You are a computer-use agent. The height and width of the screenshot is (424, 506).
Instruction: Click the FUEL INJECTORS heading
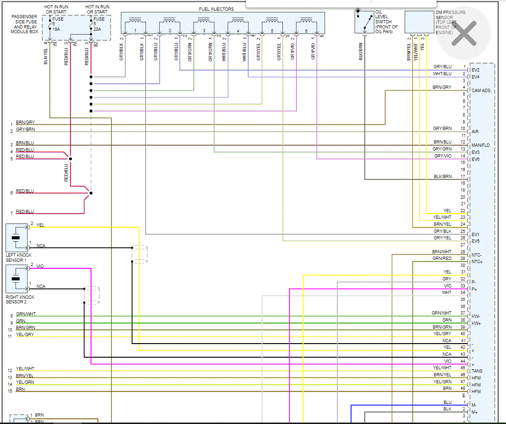[217, 9]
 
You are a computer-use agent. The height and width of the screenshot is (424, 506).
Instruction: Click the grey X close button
[464, 33]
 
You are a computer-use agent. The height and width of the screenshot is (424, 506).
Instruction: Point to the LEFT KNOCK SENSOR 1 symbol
[17, 238]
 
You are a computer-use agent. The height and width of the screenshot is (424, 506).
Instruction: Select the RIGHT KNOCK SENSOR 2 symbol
[17, 279]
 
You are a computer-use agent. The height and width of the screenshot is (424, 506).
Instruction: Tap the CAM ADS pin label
[481, 91]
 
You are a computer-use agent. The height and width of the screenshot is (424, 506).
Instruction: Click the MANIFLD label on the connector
[481, 145]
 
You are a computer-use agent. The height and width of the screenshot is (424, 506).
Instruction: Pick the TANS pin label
[477, 371]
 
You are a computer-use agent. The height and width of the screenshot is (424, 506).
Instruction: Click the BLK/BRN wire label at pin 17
[443, 176]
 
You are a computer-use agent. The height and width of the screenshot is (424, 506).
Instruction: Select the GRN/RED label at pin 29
[442, 258]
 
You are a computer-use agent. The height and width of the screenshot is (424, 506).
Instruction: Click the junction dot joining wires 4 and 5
[70, 158]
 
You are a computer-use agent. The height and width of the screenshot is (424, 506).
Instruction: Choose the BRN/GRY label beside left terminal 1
[25, 122]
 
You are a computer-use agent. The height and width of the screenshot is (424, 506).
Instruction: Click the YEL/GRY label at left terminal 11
[25, 335]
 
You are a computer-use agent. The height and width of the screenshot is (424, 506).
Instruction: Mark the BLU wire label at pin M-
[447, 402]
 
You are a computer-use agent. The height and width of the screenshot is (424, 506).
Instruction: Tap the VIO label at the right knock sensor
[40, 266]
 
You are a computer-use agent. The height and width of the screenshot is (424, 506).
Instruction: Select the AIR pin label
[475, 132]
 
